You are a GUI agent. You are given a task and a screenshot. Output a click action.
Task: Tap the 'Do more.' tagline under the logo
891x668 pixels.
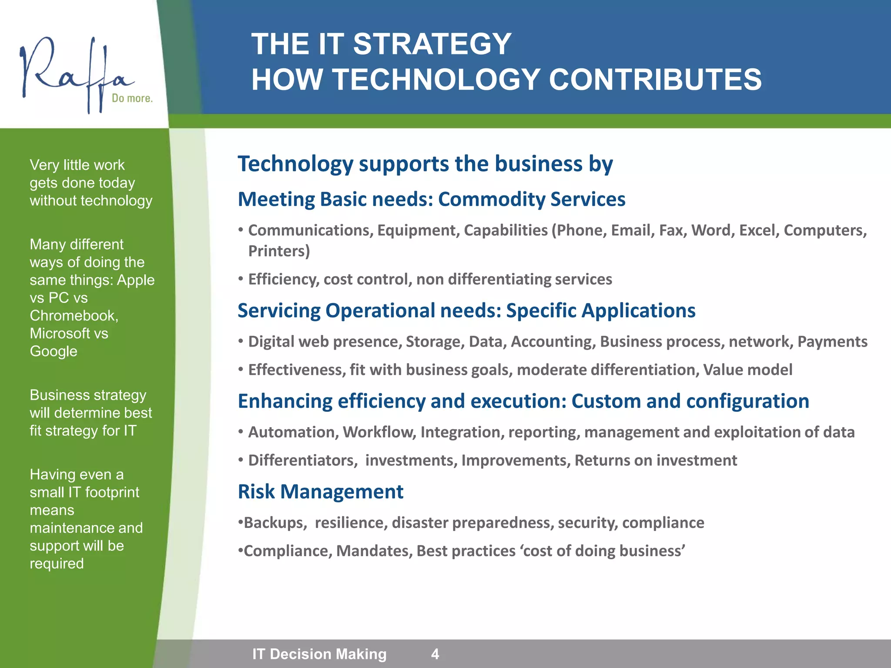[132, 98]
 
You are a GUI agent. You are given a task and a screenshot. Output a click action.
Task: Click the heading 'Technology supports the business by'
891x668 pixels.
[425, 164]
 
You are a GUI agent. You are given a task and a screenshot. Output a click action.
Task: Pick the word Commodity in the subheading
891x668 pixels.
[491, 199]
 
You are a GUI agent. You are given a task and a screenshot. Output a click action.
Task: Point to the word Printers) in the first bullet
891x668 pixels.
[279, 251]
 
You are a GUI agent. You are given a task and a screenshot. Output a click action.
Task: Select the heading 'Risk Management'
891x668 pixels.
[321, 492]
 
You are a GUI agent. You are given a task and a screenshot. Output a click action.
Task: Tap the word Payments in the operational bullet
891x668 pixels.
[832, 342]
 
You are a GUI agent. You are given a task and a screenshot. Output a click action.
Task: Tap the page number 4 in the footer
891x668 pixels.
[435, 654]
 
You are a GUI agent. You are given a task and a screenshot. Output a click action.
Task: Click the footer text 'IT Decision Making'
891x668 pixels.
[319, 654]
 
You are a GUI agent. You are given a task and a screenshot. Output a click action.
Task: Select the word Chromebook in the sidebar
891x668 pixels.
[74, 316]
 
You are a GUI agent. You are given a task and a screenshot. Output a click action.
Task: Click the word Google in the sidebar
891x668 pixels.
[54, 351]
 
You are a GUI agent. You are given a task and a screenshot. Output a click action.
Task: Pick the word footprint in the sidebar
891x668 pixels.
[112, 492]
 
